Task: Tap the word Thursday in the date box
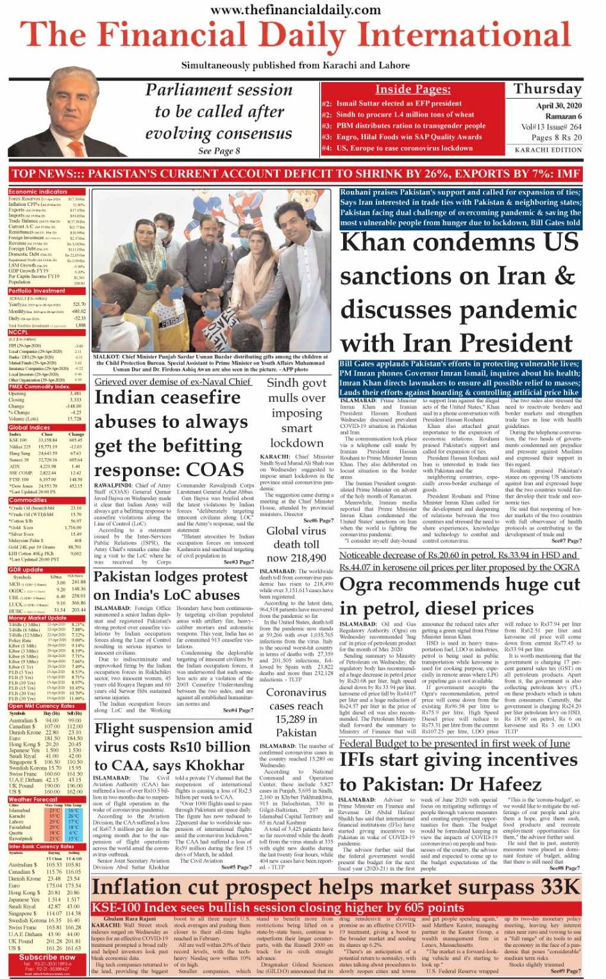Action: pos(547,89)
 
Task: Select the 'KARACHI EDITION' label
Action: pos(548,150)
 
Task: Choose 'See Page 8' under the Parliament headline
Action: pos(219,151)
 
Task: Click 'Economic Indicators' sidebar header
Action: pos(38,192)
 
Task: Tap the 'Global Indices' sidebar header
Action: pos(29,428)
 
